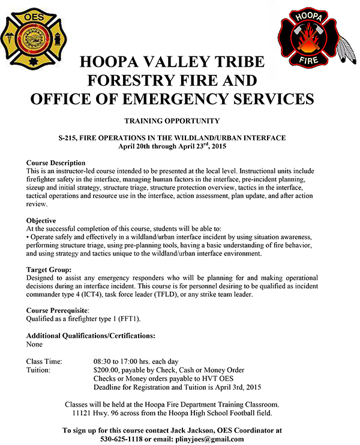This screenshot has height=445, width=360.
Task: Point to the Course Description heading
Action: [56, 163]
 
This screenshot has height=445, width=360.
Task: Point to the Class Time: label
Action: [48, 362]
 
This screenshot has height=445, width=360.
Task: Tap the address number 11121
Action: [84, 413]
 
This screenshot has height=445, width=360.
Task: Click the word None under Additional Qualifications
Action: [35, 344]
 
